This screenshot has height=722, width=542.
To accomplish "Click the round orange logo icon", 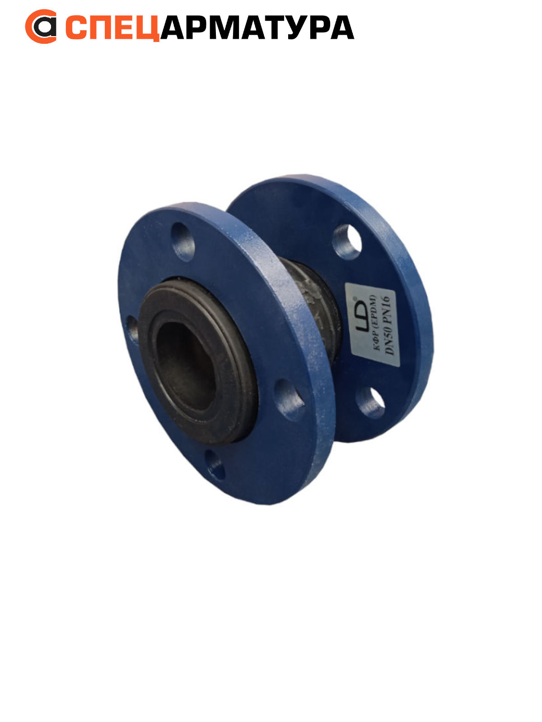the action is (41, 26).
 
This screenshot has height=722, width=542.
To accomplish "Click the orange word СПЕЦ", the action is (112, 28).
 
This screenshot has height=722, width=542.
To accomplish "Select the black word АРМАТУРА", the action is (257, 27).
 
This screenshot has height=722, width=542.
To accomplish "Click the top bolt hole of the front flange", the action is (183, 242).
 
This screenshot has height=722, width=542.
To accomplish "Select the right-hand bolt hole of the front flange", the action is (289, 400).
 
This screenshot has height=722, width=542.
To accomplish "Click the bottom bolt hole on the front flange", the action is (215, 464).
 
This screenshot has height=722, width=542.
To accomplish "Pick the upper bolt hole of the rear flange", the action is (347, 242).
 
